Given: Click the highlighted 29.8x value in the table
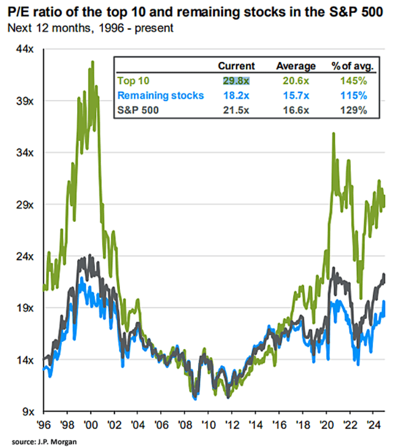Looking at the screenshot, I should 236,81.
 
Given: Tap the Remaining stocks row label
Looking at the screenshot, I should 161,96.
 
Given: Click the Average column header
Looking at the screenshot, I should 295,66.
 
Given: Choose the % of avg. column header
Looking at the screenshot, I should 353,66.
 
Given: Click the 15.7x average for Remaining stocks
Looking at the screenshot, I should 295,96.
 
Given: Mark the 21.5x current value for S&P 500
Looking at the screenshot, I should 236,110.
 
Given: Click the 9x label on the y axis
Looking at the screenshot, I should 29,411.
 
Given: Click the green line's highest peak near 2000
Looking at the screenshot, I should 93,62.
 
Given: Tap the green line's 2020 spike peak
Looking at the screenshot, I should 334,133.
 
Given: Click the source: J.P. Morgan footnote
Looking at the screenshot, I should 42,441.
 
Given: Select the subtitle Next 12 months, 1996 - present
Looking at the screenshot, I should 91,28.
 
